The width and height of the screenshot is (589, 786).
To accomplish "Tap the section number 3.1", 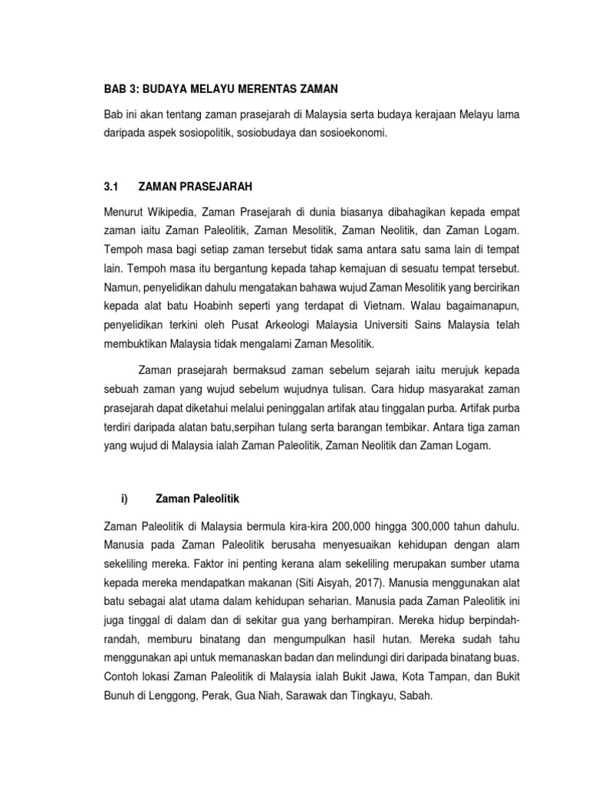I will tap(111, 186).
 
